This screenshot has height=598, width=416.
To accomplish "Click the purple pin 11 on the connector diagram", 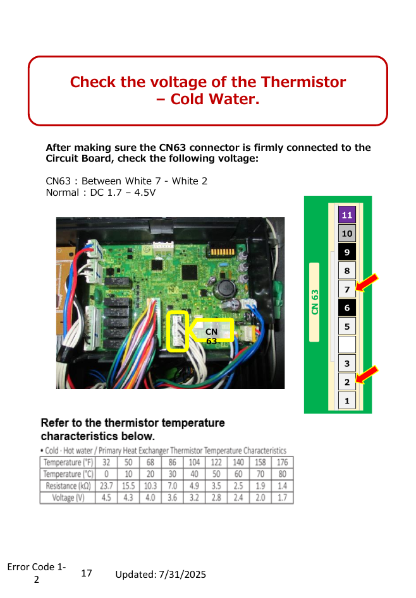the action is click(x=347, y=214).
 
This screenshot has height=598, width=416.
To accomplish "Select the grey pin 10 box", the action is click(x=347, y=233).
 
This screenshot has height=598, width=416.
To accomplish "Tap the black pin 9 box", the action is click(x=347, y=252).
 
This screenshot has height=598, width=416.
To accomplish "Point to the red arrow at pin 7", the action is click(x=367, y=283).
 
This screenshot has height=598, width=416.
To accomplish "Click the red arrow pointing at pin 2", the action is click(x=367, y=374).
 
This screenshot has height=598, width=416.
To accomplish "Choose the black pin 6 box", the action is click(x=347, y=308).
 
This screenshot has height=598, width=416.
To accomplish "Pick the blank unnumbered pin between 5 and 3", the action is click(x=347, y=344).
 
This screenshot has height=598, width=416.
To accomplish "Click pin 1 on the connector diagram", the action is click(x=347, y=400).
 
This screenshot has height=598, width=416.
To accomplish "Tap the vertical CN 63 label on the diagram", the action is click(x=314, y=302).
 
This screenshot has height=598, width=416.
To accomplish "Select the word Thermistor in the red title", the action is click(x=303, y=82).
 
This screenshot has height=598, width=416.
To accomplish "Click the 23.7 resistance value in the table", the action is click(x=106, y=486).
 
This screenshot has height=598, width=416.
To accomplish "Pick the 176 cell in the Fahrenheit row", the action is click(x=283, y=462).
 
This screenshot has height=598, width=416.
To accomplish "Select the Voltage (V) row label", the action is click(x=68, y=498).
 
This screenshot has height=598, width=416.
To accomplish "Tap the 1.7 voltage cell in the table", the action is click(x=283, y=498).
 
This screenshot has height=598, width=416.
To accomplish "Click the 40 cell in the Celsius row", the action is click(x=194, y=474).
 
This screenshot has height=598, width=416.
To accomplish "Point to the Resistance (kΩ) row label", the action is click(x=68, y=486).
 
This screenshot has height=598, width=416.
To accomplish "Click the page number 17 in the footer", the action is click(x=87, y=573).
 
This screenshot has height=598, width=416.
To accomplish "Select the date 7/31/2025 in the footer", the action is click(x=182, y=575).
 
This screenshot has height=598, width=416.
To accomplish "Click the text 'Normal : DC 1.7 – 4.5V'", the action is click(x=101, y=193).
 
